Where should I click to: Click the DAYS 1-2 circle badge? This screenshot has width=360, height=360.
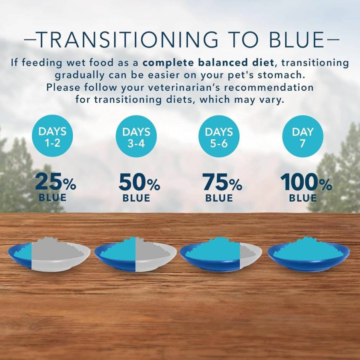pyautogui.click(x=53, y=136)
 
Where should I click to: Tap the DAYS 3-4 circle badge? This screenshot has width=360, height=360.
pyautogui.click(x=136, y=136)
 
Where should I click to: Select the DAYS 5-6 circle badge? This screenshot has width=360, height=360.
pyautogui.click(x=219, y=136)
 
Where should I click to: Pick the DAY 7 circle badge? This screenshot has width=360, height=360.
pyautogui.click(x=302, y=136)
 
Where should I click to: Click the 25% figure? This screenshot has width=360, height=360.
pyautogui.click(x=56, y=182)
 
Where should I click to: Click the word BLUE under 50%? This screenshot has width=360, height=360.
pyautogui.click(x=136, y=198)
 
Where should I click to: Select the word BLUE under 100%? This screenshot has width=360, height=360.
pyautogui.click(x=303, y=198)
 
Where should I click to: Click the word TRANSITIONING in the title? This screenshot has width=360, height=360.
pyautogui.click(x=128, y=40)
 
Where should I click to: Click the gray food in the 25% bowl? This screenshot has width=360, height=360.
pyautogui.click(x=58, y=250)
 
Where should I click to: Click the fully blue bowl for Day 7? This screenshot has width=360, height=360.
pyautogui.click(x=309, y=255)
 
